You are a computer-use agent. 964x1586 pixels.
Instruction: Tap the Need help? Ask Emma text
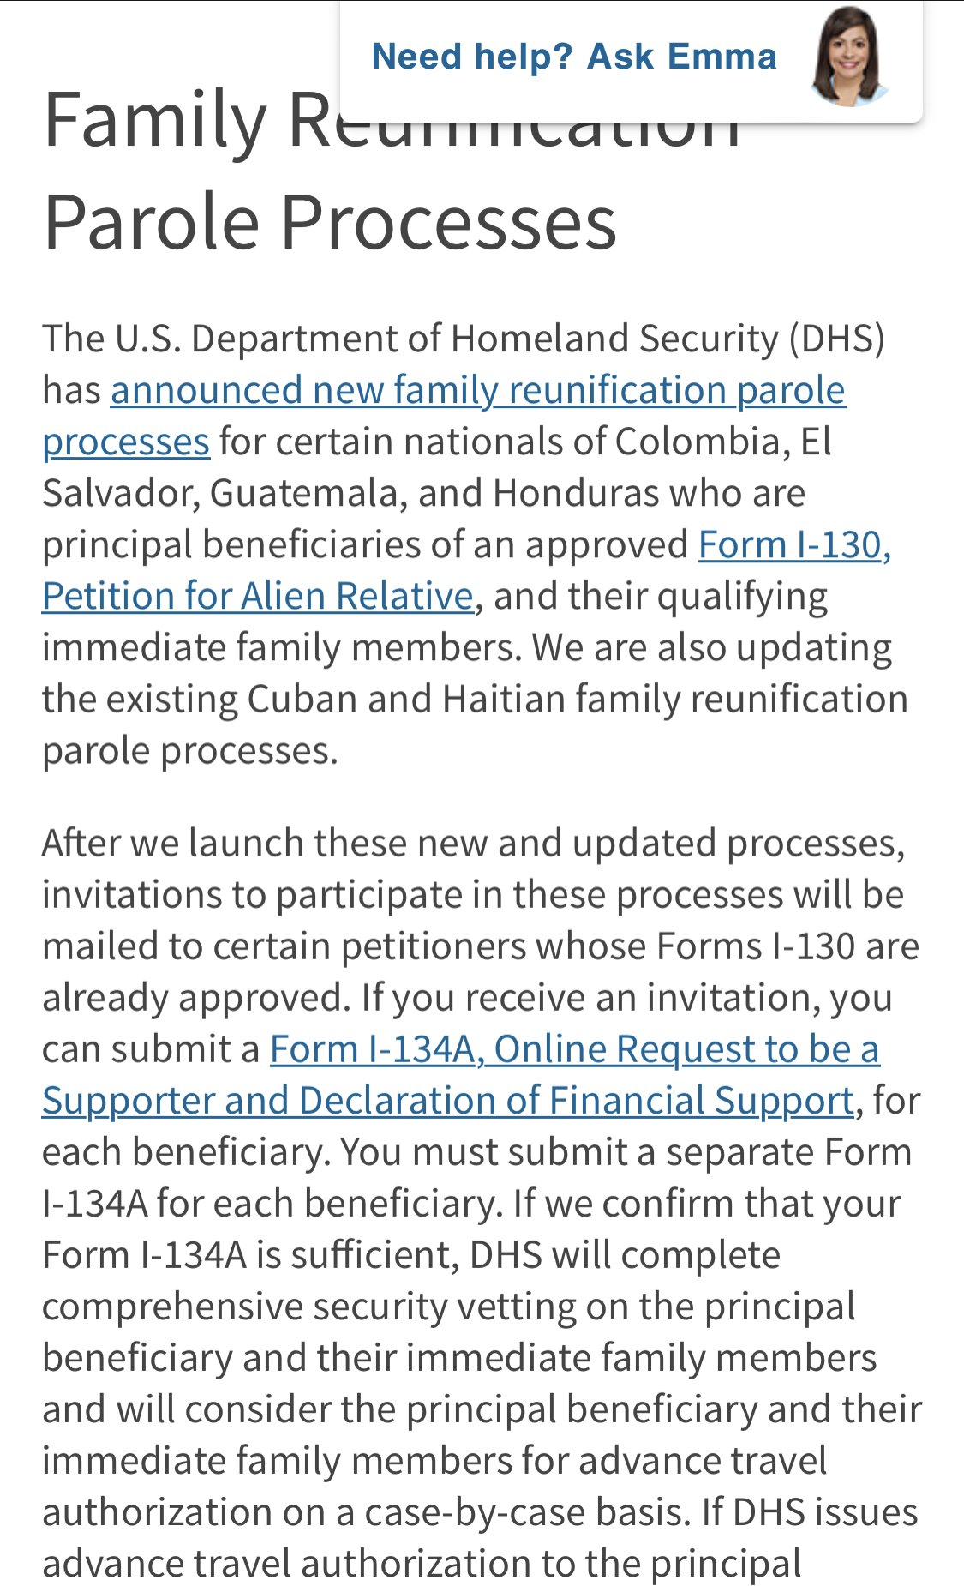click(x=574, y=57)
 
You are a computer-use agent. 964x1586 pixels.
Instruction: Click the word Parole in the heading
click(x=151, y=221)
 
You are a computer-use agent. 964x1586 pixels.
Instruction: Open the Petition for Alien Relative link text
click(x=257, y=596)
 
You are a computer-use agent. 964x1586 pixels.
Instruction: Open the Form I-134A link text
click(x=373, y=1048)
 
